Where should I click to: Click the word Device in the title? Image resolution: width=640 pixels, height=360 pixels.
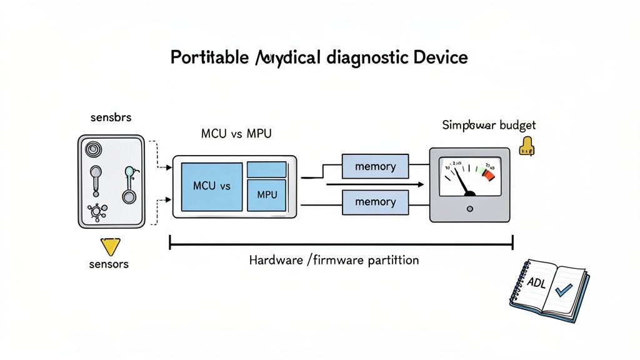[x=440, y=58]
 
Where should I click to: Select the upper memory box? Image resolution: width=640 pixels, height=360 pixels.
[x=375, y=167]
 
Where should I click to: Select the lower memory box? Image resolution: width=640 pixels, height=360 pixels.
[x=375, y=202]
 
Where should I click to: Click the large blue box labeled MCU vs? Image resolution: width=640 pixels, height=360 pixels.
[x=211, y=186]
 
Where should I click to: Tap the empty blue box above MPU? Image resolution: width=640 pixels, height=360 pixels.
[x=267, y=169]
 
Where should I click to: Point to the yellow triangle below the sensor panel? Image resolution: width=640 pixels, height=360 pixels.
[x=110, y=246]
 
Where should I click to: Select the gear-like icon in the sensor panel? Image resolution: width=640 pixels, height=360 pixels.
[x=97, y=212]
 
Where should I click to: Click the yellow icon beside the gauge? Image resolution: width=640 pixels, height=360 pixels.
[x=527, y=146]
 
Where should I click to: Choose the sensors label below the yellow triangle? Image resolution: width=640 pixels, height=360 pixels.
[x=109, y=264]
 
